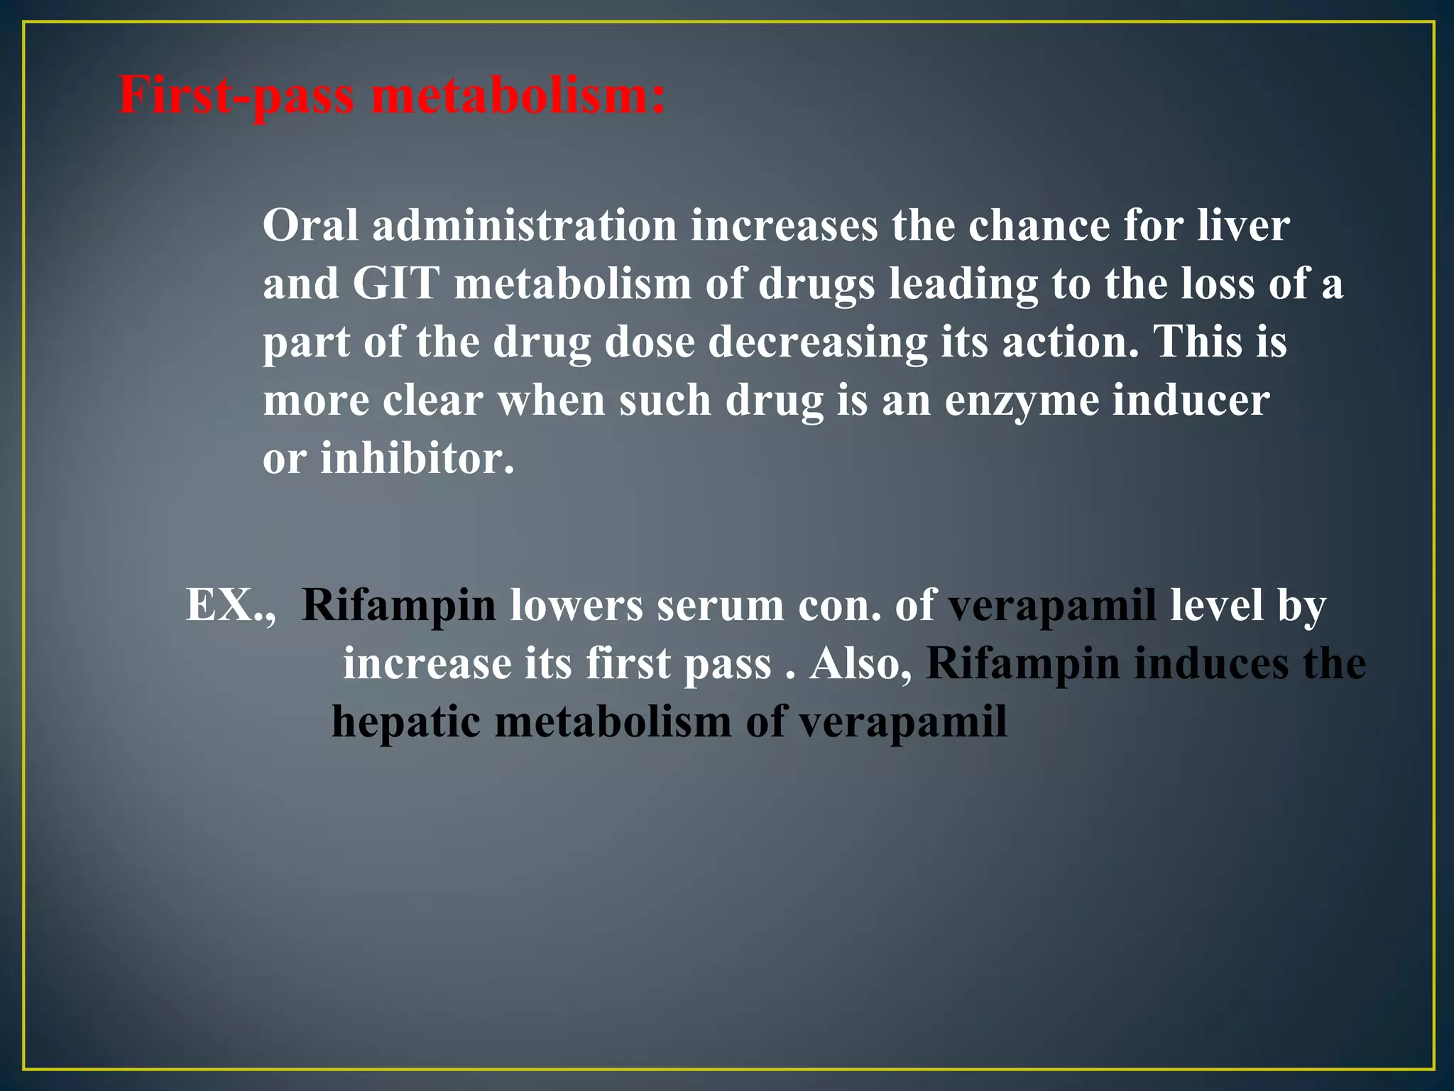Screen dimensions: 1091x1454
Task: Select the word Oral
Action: click(x=310, y=226)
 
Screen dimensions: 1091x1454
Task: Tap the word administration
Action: click(x=524, y=226)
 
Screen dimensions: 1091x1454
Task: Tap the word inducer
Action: click(x=1191, y=401)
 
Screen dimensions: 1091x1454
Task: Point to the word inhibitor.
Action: click(x=417, y=459)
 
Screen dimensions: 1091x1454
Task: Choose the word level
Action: click(x=1217, y=605)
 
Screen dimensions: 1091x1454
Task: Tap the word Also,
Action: click(x=860, y=664)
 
